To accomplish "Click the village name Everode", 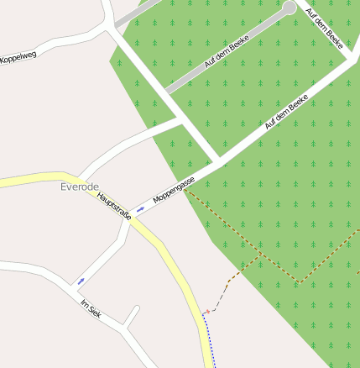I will (80, 187).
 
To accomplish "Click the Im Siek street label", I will (90, 308).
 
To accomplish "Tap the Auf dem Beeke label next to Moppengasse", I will (286, 111).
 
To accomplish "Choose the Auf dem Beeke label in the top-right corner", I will (325, 29).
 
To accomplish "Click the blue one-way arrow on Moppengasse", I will (140, 208).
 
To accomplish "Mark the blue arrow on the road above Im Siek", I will (81, 280).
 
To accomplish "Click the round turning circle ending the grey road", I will (290, 8).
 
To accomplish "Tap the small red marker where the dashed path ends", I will (206, 312).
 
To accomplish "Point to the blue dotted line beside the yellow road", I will (210, 340).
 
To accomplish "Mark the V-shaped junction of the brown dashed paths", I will (299, 280).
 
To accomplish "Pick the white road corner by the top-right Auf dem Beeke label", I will (347, 61).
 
